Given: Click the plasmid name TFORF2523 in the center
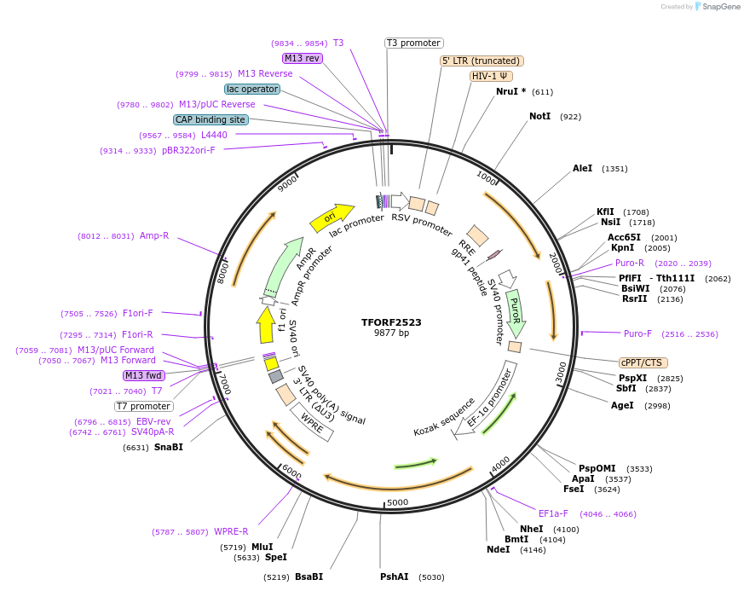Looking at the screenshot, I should click(391, 322).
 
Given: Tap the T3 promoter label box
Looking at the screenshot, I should click(413, 43).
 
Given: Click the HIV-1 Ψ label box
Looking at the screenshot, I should click(491, 76).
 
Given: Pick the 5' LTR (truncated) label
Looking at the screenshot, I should click(482, 61).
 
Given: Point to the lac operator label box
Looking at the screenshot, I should click(252, 89).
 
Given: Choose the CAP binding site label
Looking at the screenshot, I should click(211, 119).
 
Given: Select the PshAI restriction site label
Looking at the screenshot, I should click(395, 577).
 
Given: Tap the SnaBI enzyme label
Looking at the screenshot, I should click(168, 447).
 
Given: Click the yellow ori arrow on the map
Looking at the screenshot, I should click(332, 217).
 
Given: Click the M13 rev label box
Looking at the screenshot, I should click(303, 58).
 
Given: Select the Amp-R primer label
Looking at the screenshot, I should click(154, 235).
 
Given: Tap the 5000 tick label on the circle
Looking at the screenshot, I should click(398, 503).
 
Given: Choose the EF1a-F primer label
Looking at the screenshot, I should click(553, 513).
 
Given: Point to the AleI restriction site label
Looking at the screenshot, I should click(582, 169).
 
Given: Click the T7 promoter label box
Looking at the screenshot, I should click(144, 406).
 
